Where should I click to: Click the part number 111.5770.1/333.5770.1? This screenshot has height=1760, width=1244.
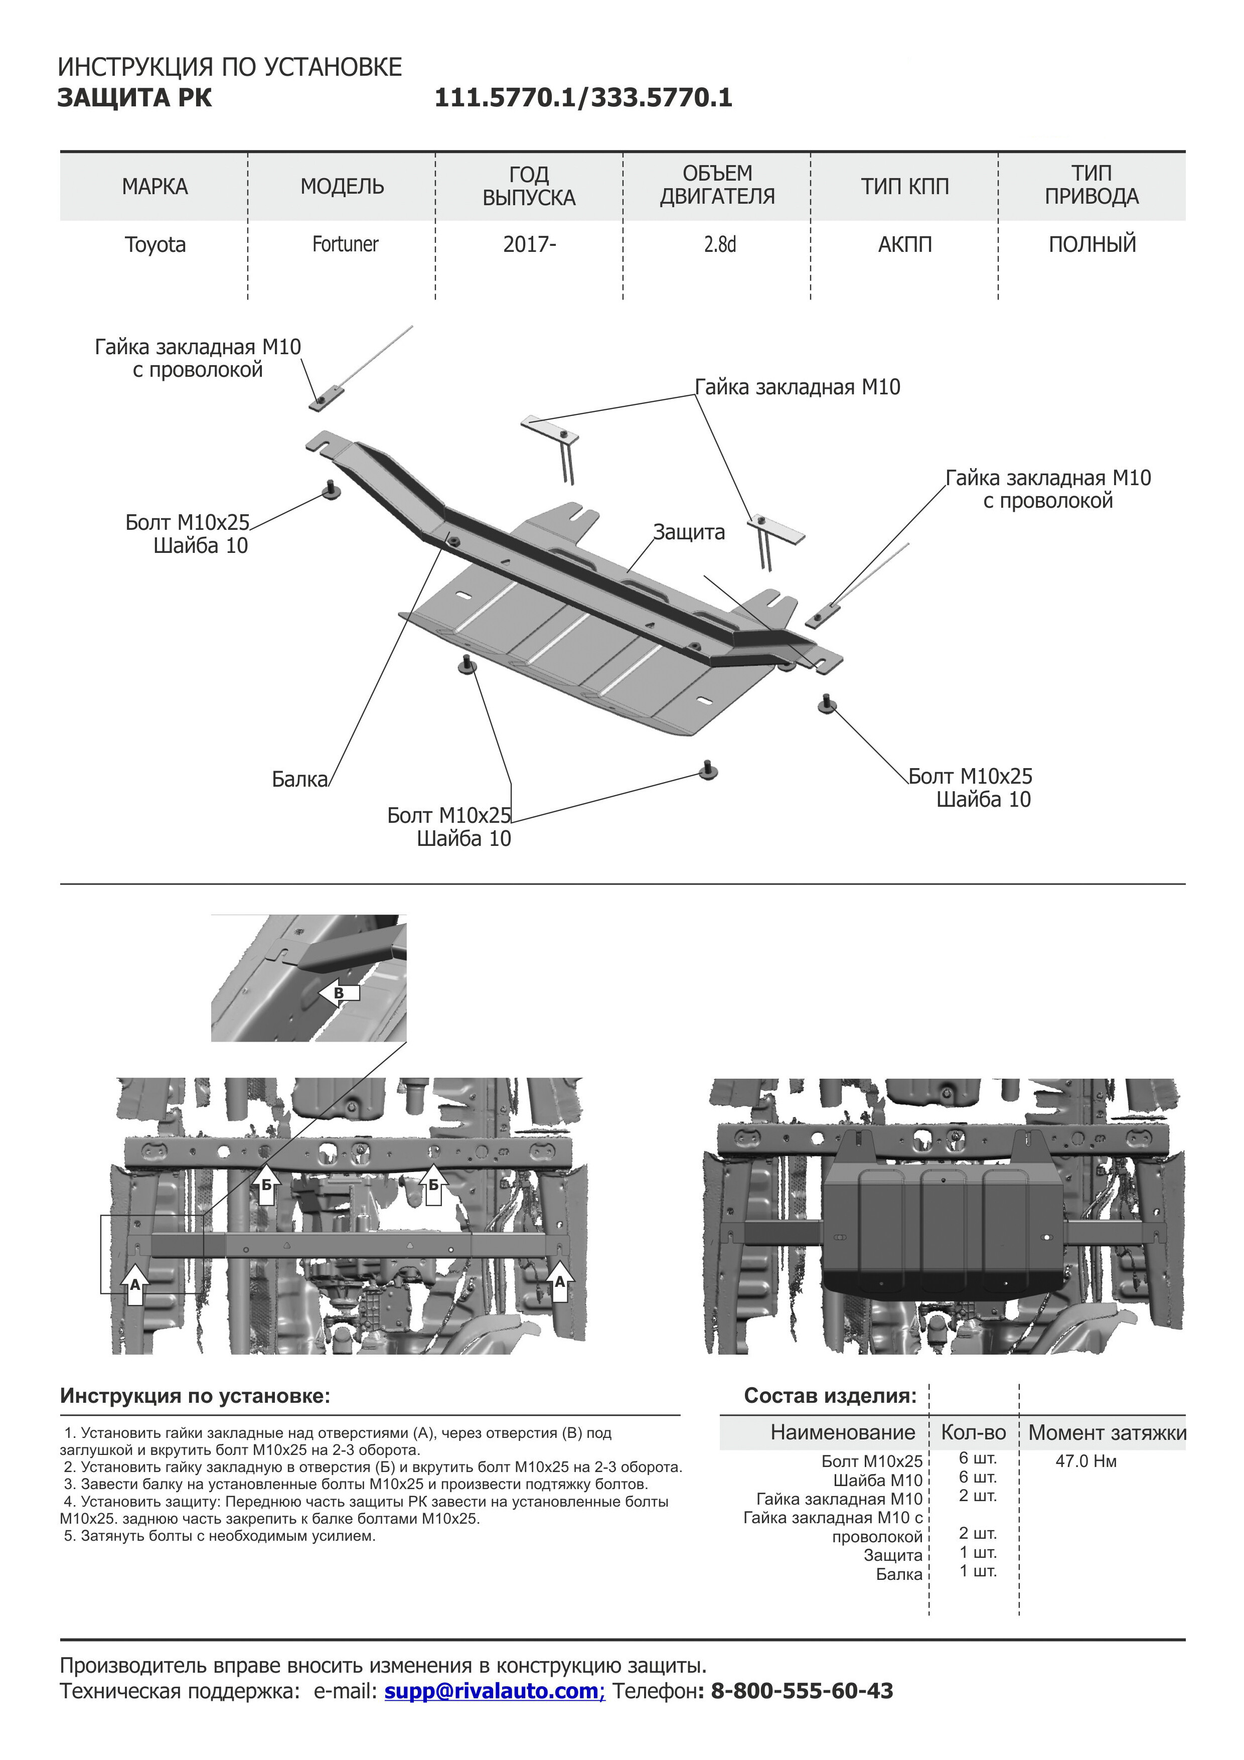click(583, 98)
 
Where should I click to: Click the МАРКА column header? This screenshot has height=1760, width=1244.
click(155, 186)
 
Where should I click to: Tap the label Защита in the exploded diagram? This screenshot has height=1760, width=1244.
click(688, 532)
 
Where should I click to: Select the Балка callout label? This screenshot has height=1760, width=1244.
click(299, 780)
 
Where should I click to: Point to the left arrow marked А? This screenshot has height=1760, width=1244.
click(135, 1285)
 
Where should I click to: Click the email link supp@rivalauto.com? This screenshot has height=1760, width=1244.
click(495, 1691)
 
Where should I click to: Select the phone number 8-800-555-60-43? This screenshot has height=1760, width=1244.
click(802, 1691)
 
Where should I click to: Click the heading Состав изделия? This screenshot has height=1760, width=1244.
click(830, 1396)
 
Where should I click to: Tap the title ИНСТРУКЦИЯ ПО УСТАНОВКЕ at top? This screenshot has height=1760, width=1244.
click(230, 67)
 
